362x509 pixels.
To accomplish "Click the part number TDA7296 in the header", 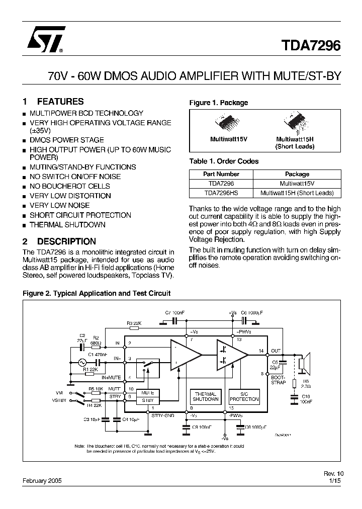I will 310,46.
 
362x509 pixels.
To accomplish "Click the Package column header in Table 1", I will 297,174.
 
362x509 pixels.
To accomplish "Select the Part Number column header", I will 220,174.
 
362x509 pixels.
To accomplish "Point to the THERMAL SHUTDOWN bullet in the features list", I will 67,225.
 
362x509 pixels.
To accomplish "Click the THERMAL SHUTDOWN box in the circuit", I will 205,396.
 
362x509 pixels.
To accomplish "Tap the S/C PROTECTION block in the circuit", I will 244,396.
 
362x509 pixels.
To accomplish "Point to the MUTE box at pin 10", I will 147,393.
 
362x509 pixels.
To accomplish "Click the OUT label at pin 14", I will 276,351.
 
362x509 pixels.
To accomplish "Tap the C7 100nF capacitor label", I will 174,313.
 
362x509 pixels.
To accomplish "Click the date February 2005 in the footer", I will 42,481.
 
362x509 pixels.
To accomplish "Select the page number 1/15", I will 335,481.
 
